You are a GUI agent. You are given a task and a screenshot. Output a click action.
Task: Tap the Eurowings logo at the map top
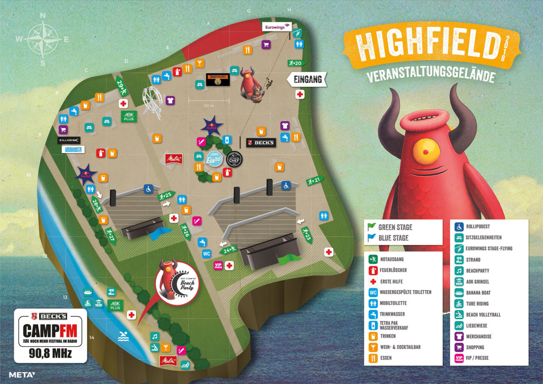pos(277,27)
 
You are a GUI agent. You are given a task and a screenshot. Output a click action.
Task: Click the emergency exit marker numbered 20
pos(295,63)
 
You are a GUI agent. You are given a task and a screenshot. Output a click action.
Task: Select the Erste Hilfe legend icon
pos(373,282)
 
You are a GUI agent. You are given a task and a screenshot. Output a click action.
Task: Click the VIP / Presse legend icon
pos(459,358)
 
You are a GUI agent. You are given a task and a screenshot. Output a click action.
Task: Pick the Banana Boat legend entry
pos(478,293)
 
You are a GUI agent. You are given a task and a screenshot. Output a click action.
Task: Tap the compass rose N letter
pos(43,16)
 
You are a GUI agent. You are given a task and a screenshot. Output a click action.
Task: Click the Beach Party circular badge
pos(177,283)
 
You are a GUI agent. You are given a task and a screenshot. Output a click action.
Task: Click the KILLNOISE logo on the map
pos(69,140)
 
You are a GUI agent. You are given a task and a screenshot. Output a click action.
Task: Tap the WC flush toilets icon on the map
pos(207,254)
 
